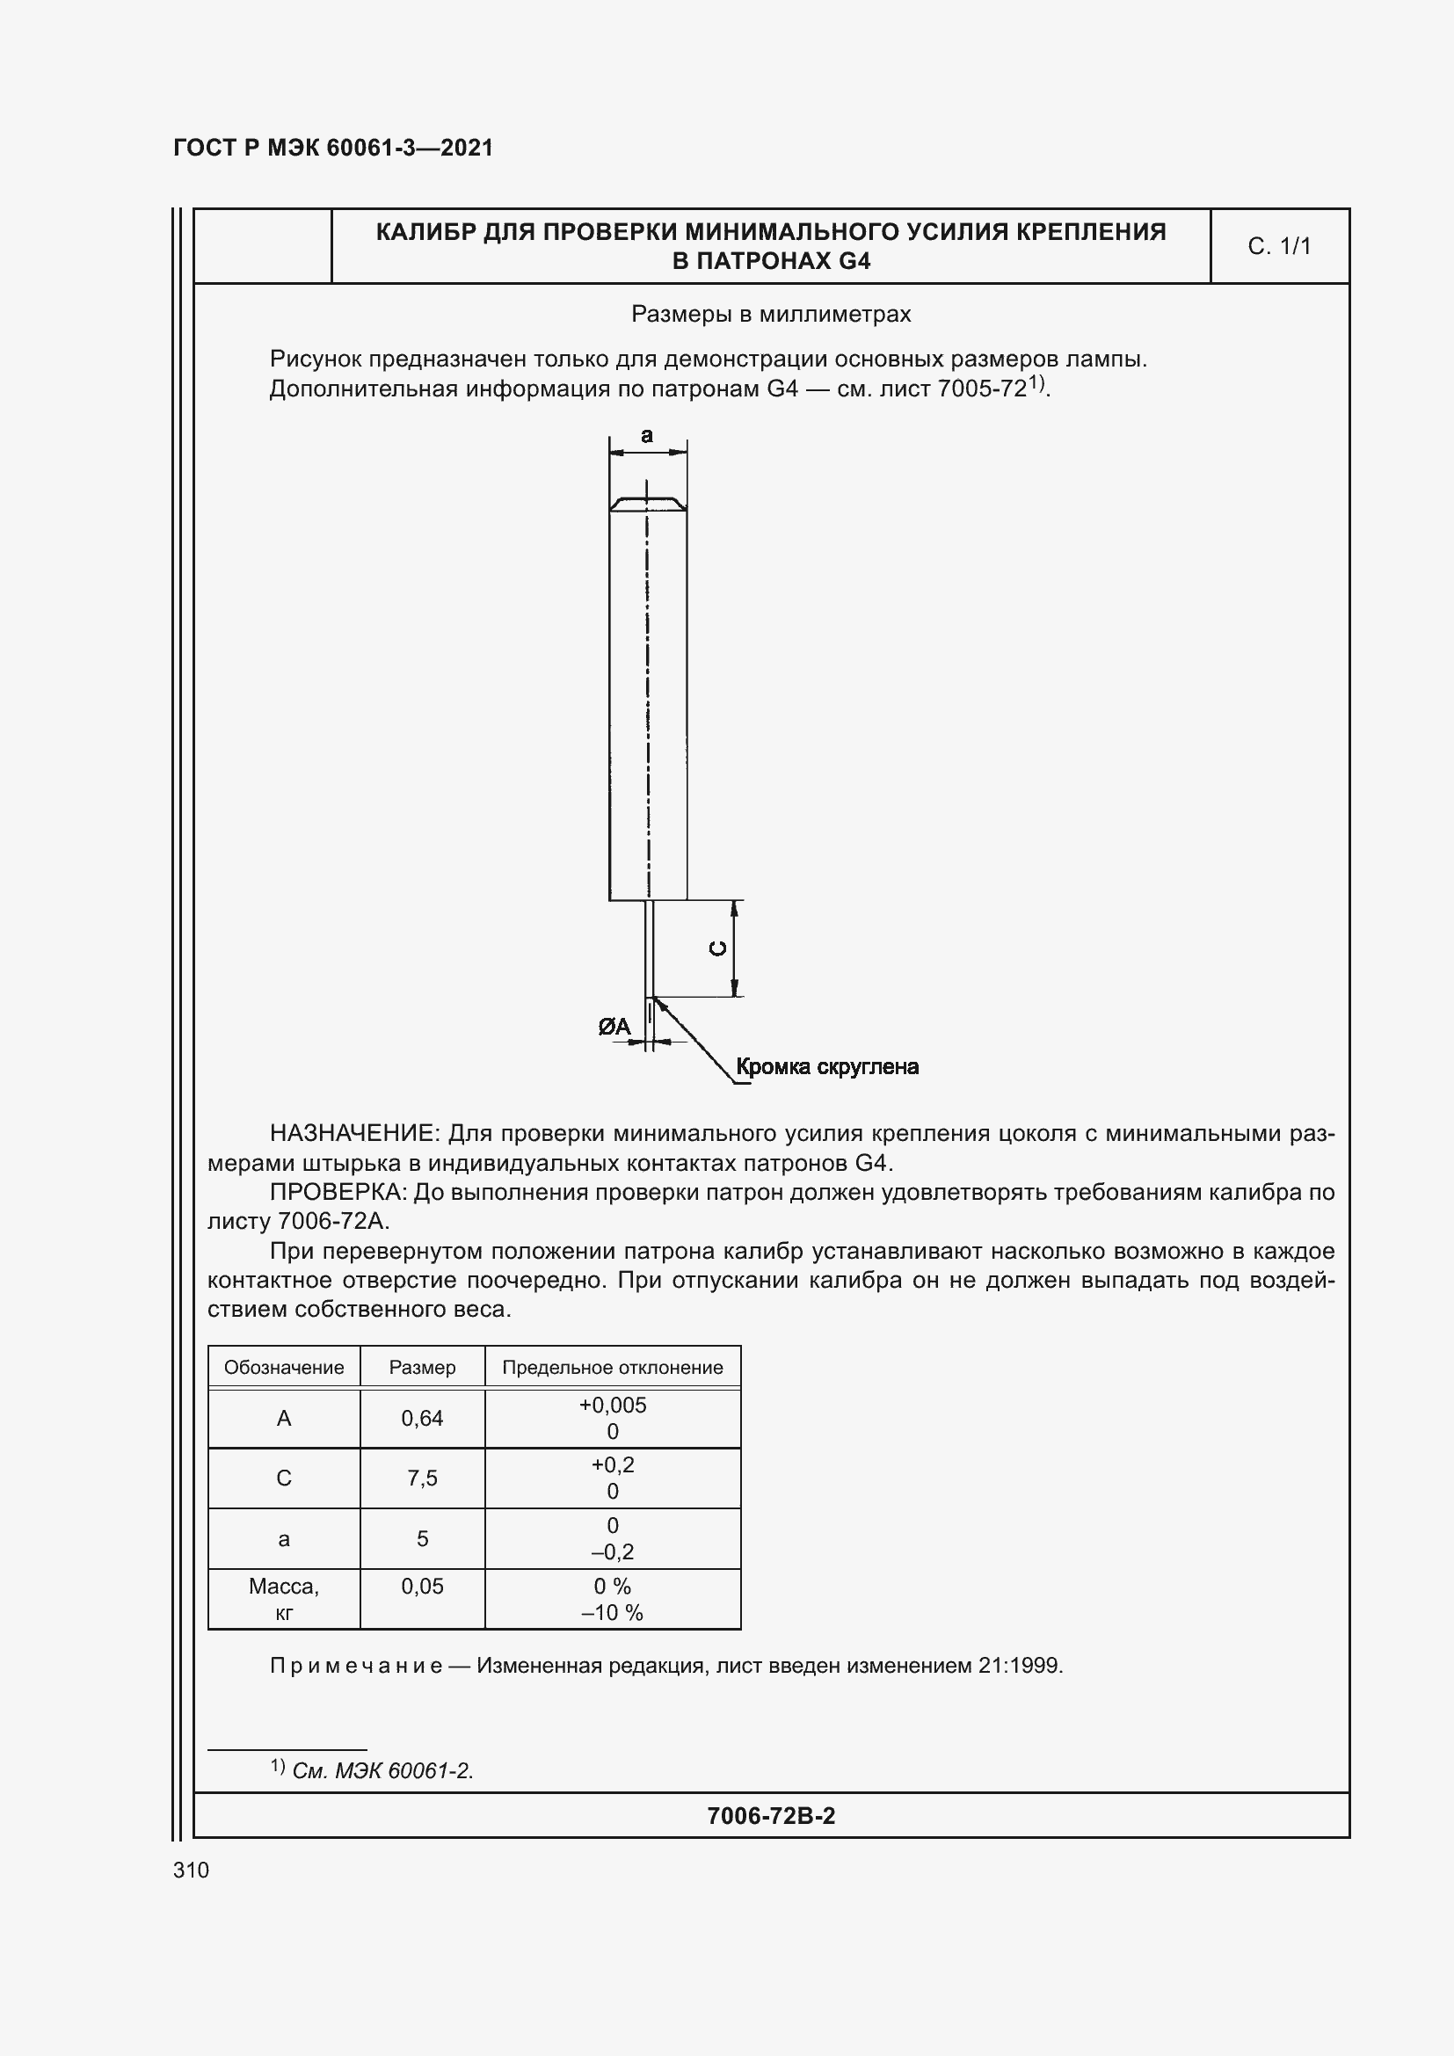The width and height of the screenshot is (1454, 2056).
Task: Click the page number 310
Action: (x=191, y=1870)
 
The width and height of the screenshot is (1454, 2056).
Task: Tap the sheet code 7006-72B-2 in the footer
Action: (x=770, y=1815)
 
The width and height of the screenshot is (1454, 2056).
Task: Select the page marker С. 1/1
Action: (x=1278, y=246)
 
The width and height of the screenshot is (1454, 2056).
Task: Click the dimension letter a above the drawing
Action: (x=646, y=436)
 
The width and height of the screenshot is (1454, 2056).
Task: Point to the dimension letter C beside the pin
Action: (x=717, y=948)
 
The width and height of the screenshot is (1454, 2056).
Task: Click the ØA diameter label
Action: (x=614, y=1027)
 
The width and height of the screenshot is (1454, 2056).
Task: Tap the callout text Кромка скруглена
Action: (x=826, y=1066)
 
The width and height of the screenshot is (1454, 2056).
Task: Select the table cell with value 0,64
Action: (x=422, y=1419)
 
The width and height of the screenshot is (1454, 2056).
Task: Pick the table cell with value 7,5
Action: (x=422, y=1478)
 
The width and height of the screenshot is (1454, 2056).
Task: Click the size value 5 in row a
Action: (x=422, y=1538)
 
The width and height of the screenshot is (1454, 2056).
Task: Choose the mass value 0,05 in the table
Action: (x=422, y=1586)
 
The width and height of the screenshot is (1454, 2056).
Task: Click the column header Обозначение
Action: (x=284, y=1368)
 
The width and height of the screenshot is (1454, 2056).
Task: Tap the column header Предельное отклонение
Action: (x=613, y=1368)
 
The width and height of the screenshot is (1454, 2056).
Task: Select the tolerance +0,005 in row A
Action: (x=613, y=1405)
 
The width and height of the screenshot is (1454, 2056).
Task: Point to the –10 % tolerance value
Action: (x=613, y=1613)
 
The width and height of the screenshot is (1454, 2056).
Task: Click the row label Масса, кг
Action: (x=284, y=1598)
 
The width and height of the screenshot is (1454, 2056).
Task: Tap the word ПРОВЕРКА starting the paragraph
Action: (x=338, y=1193)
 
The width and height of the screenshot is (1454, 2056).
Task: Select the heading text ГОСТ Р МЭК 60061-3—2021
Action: (x=333, y=148)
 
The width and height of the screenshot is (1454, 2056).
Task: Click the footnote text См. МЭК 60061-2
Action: (x=382, y=1770)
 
